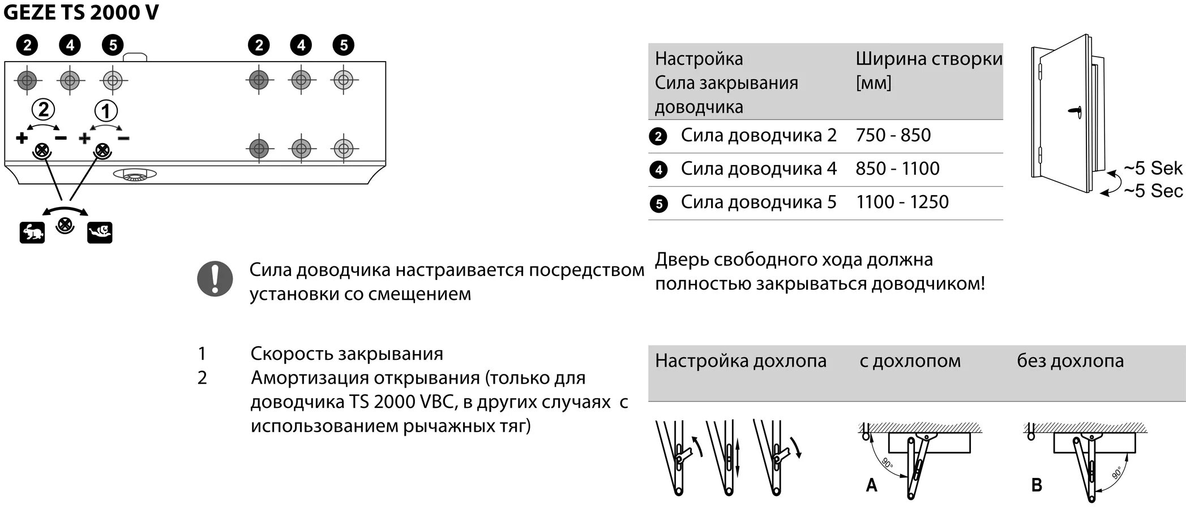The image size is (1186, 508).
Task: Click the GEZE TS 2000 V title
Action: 81,13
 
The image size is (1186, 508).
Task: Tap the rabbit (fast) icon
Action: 32,233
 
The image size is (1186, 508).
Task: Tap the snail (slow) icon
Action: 100,233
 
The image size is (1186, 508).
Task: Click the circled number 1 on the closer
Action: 105,110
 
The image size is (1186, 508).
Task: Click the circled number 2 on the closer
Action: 43,109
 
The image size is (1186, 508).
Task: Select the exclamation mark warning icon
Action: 215,279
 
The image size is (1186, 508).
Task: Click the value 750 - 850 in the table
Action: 893,135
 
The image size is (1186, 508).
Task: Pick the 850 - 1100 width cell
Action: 897,169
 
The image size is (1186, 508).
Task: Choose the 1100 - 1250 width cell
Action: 902,202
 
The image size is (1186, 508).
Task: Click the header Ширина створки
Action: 928,59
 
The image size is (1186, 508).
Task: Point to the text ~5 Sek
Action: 1153,168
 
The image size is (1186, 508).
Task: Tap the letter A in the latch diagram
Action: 871,485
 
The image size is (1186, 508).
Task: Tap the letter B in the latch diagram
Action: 1037,485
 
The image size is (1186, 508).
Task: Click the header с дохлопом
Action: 910,361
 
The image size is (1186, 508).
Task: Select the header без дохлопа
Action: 1070,361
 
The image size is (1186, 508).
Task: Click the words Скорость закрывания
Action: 346,354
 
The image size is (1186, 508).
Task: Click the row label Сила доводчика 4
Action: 758,169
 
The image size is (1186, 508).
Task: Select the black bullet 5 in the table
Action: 658,203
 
